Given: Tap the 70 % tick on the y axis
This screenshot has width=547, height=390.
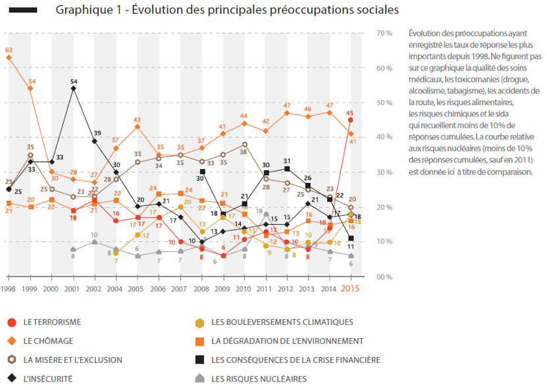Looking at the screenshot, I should (x=384, y=33).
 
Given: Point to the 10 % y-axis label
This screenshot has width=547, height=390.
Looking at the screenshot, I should (x=384, y=242).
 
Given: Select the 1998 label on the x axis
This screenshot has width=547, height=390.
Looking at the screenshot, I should (x=9, y=289).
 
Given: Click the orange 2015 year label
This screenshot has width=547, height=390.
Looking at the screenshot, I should (x=350, y=289).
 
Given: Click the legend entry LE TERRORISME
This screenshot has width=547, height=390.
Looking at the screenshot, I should (x=51, y=322).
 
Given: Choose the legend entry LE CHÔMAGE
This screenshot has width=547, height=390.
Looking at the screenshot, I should (x=47, y=341).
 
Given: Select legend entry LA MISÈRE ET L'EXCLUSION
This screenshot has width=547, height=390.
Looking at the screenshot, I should (x=72, y=360).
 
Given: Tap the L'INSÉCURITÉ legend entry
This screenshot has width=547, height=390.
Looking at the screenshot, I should (x=47, y=379).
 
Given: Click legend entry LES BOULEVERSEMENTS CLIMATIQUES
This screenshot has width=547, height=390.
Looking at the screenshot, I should (x=282, y=322).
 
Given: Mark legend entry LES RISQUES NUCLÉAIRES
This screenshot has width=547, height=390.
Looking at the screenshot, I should (x=259, y=379).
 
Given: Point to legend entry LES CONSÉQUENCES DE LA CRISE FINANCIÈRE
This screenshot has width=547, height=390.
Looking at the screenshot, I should (x=296, y=360).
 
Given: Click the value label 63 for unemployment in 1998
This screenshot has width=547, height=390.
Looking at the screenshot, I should (x=9, y=50).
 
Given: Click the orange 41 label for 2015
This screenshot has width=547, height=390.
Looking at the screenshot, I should (x=353, y=141).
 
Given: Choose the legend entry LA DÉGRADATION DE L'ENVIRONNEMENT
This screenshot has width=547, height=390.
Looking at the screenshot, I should (x=287, y=341).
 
